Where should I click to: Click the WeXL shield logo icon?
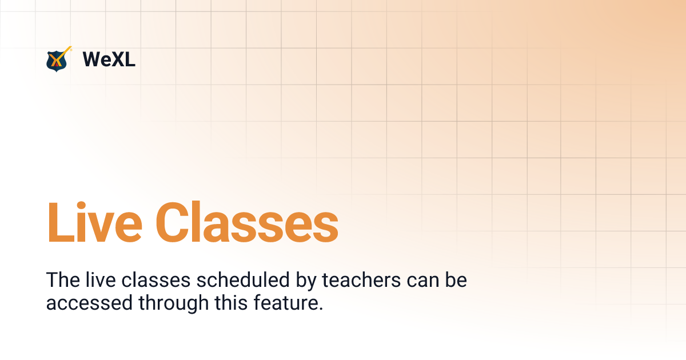click(x=57, y=59)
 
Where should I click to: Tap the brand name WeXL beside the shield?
click(x=109, y=59)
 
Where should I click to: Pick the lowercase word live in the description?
click(x=101, y=281)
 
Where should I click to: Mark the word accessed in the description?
click(x=89, y=303)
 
